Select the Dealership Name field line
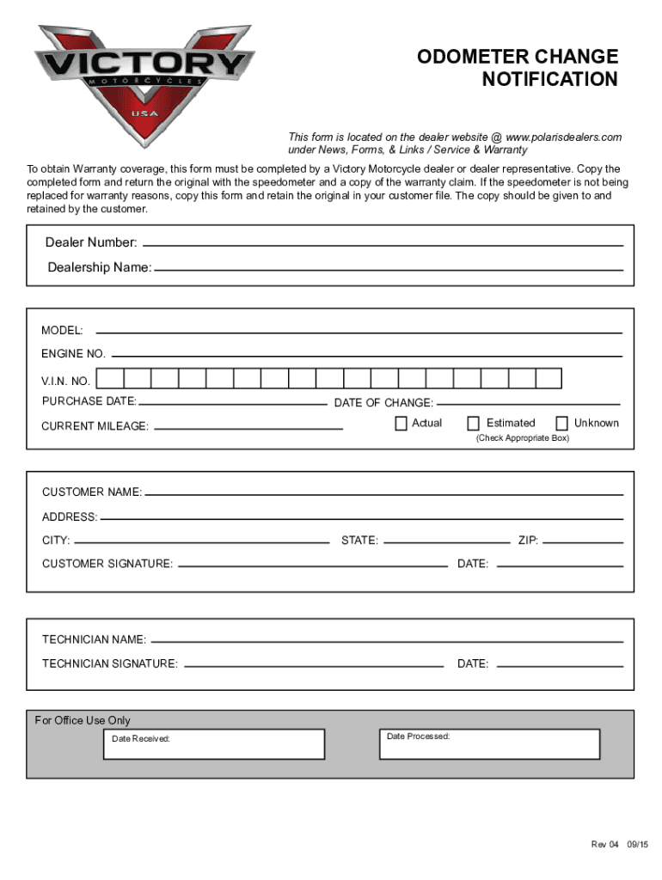point(388,269)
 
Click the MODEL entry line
point(359,332)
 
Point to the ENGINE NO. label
point(73,354)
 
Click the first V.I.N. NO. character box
point(110,379)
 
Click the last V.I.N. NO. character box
point(549,379)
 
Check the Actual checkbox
point(401,423)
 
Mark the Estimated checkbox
point(474,423)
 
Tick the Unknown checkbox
point(562,423)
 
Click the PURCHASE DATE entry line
point(232,403)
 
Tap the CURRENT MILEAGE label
point(95,426)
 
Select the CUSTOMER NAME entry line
point(383,494)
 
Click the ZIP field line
point(583,542)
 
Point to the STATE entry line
point(445,542)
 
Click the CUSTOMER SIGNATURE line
point(312,565)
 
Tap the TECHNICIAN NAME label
point(94,640)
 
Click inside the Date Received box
point(213,744)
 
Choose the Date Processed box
point(488,744)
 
